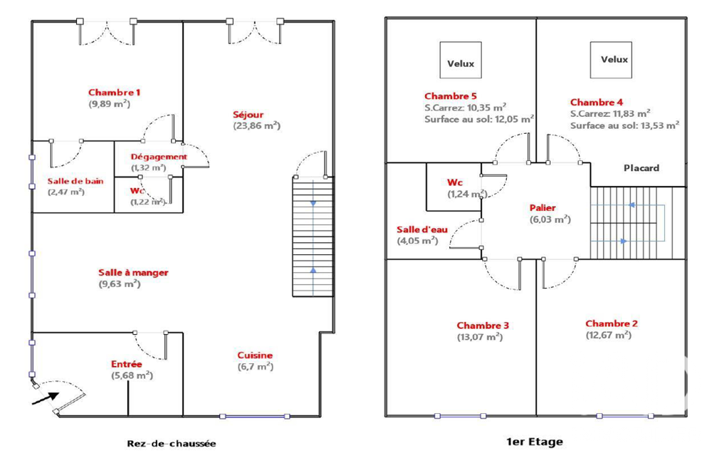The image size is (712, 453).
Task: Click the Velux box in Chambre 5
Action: click(461, 60)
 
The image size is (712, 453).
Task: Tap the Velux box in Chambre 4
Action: click(611, 60)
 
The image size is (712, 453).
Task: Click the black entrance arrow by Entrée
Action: click(46, 398)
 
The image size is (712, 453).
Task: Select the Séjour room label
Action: click(248, 115)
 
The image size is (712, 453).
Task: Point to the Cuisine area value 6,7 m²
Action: click(256, 367)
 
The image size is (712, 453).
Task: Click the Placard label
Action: click(642, 167)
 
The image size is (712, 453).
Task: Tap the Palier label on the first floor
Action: click(543, 208)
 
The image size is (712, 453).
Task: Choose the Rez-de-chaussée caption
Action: click(171, 444)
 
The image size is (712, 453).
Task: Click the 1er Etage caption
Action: click(535, 441)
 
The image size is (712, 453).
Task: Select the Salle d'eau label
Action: click(422, 229)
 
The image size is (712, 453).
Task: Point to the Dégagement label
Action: click(159, 157)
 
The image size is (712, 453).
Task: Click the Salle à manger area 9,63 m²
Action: click(120, 284)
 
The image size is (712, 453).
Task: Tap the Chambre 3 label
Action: click(483, 326)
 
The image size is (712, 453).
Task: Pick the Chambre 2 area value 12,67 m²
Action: click(609, 335)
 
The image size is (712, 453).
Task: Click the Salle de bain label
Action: click(75, 181)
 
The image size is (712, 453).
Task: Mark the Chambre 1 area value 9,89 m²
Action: click(110, 104)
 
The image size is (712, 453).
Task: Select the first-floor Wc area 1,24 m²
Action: click(468, 194)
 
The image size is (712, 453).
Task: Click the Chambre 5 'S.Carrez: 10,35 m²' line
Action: click(466, 108)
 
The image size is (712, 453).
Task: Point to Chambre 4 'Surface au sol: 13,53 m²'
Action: click(625, 125)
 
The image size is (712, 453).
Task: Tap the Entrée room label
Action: click(126, 364)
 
